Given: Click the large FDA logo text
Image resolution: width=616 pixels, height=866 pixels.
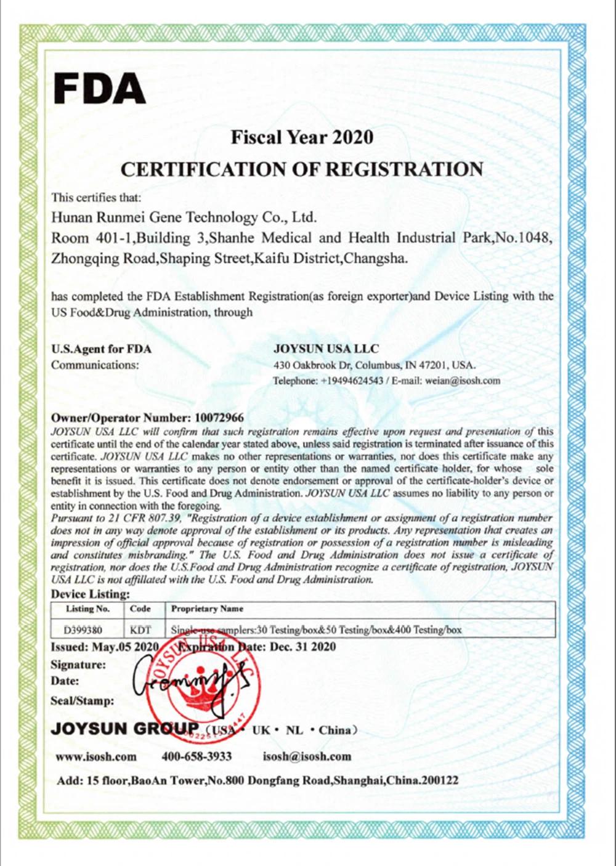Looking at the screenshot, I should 99,89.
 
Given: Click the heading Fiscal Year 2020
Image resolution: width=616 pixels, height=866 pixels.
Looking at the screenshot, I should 302,137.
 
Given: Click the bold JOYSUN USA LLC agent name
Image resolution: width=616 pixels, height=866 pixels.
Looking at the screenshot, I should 326,349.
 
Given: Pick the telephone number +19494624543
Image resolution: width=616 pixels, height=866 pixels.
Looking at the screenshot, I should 352,381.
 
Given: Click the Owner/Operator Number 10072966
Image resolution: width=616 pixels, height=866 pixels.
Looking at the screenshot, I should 219,418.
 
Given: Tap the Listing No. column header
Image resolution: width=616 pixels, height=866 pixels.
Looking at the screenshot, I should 87,609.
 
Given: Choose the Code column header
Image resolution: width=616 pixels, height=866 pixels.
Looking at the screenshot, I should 140,609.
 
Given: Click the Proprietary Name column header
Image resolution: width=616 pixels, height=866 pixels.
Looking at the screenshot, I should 207,609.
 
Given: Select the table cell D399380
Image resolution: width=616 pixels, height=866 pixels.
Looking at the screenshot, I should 83,630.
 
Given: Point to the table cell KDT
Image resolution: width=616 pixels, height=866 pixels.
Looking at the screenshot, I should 140,630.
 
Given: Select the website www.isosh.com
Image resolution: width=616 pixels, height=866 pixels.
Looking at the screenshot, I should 96,756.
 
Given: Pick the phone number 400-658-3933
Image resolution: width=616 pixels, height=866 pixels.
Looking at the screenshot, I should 197,756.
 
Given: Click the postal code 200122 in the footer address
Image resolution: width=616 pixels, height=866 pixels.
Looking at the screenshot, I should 439,780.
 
